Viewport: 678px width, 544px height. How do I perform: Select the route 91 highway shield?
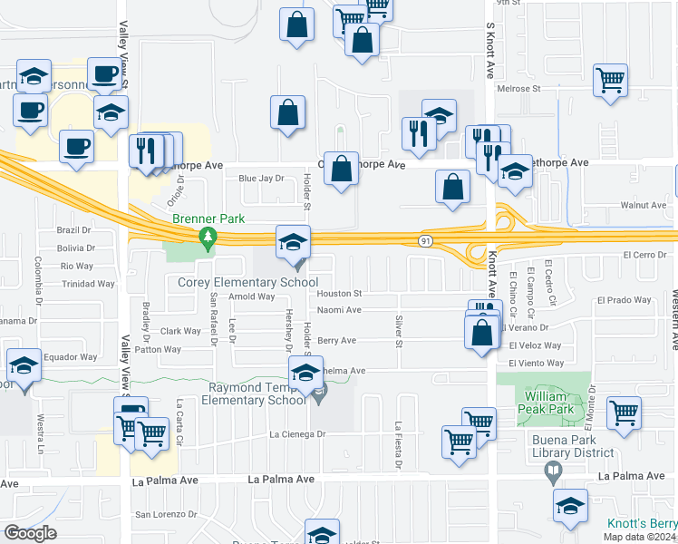click(x=424, y=240)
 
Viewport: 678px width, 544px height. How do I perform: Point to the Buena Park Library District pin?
click(x=550, y=471)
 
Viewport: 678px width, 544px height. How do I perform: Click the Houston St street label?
click(x=340, y=294)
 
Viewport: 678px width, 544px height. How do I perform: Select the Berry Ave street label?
click(x=336, y=341)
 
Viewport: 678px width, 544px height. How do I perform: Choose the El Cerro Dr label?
click(x=644, y=255)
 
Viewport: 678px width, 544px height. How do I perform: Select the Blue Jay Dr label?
click(x=261, y=179)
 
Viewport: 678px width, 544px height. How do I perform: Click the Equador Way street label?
click(x=70, y=357)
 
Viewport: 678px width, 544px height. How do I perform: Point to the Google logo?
click(x=30, y=532)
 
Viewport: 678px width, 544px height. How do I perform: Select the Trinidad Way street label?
click(x=87, y=284)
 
